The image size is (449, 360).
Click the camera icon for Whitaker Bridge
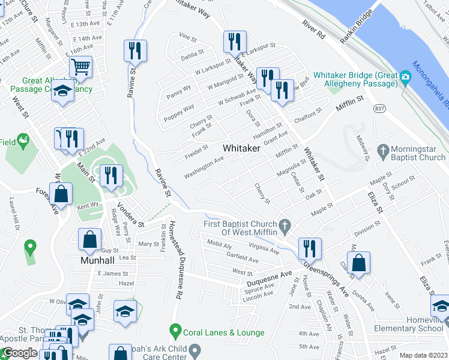[x=406, y=76]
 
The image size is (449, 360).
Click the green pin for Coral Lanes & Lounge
[x=175, y=330]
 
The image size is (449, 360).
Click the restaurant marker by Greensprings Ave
[x=309, y=248]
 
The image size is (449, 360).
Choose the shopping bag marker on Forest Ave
[x=61, y=194]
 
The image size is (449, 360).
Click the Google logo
[x=19, y=353]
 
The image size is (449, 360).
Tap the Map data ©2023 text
[x=423, y=355]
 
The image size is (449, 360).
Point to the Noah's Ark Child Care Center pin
[x=194, y=350]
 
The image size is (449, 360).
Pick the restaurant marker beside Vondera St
[x=110, y=175]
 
